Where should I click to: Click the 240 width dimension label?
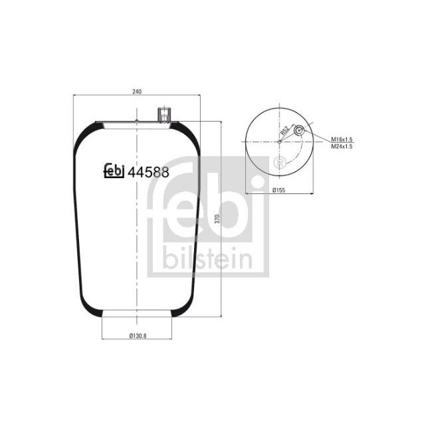point(136,91)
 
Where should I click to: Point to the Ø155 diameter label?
point(279,190)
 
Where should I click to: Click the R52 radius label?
point(284,130)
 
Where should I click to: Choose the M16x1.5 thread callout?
point(342,138)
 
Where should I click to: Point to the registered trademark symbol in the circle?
point(279,162)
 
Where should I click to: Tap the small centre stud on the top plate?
point(136,120)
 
